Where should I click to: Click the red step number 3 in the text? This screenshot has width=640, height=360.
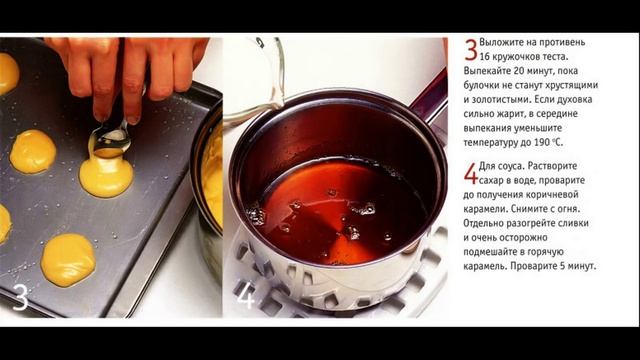click(470, 50)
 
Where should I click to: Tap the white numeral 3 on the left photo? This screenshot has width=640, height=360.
click(20, 297)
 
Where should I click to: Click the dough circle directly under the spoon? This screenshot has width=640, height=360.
click(106, 176)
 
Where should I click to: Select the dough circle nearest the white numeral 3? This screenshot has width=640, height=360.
click(68, 258)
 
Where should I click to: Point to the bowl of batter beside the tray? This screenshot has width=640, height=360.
click(209, 180)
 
